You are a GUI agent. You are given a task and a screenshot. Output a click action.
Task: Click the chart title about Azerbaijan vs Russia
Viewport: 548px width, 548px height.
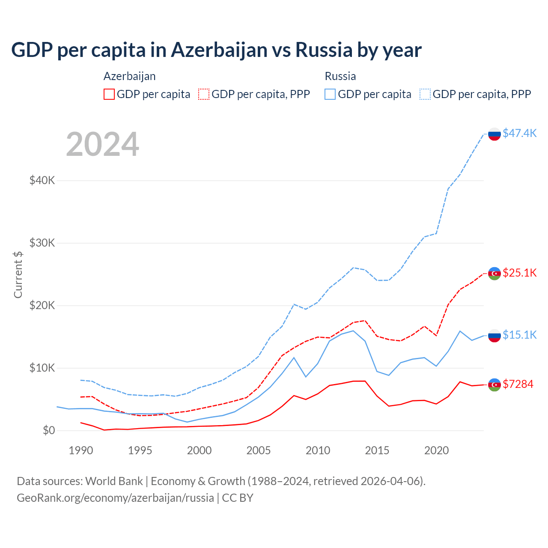click(x=216, y=50)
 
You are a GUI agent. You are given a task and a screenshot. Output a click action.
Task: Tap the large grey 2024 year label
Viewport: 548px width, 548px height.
click(x=103, y=144)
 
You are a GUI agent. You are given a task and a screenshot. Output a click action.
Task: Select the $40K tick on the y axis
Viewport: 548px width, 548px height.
click(x=42, y=180)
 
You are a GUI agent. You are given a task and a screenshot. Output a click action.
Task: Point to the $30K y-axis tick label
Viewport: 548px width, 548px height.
click(x=42, y=243)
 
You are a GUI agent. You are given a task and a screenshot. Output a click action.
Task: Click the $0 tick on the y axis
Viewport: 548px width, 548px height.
click(x=49, y=430)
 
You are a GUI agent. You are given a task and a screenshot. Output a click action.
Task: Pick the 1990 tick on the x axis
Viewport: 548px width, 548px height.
click(x=81, y=450)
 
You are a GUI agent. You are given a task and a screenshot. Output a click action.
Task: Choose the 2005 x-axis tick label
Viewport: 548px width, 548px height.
click(x=259, y=450)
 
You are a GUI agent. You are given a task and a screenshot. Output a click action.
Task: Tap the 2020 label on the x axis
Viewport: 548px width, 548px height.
click(x=436, y=450)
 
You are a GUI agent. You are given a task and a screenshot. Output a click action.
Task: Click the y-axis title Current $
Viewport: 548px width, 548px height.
click(x=18, y=274)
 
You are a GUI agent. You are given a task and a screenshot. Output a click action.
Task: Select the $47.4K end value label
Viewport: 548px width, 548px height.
click(x=519, y=133)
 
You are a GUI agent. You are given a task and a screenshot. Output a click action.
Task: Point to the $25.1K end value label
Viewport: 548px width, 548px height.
click(x=519, y=273)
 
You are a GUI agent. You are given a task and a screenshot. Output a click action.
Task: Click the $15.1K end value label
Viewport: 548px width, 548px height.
click(x=519, y=335)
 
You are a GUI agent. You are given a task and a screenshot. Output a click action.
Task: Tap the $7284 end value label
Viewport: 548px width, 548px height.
click(x=518, y=384)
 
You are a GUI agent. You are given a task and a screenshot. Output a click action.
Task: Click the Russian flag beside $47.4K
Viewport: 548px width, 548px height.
click(x=494, y=134)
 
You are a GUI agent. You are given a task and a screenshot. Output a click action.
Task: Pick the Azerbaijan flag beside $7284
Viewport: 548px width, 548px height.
click(x=494, y=385)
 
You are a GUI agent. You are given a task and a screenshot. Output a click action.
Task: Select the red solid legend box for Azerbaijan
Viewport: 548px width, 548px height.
click(x=109, y=94)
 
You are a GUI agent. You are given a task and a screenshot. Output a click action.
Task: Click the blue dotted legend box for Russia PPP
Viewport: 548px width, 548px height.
click(x=425, y=94)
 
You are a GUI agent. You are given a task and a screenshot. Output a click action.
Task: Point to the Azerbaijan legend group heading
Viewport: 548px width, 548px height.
click(x=129, y=76)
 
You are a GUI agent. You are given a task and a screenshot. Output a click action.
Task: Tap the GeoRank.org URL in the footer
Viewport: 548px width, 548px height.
click(x=115, y=498)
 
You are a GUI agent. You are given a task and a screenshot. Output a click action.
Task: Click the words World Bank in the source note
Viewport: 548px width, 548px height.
click(x=114, y=481)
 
